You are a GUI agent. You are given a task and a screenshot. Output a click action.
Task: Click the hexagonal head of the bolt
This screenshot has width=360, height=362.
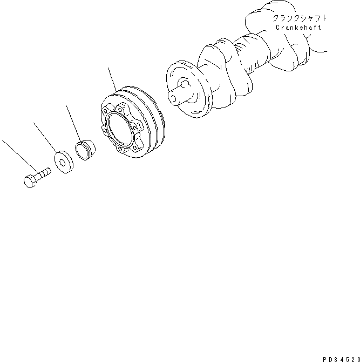pyautogui.click(x=30, y=181)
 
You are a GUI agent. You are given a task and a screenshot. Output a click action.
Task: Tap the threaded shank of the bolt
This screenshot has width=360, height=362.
pyautogui.click(x=43, y=173)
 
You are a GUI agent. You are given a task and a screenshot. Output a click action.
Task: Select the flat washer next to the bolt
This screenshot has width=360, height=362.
pyautogui.click(x=64, y=162)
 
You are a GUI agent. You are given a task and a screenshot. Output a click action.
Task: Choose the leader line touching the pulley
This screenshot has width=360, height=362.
pyautogui.click(x=112, y=79)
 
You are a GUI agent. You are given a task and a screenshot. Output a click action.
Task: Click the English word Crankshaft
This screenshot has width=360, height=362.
pyautogui.click(x=298, y=28)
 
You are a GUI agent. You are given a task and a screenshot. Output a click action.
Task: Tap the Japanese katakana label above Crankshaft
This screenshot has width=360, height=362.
pyautogui.click(x=299, y=18)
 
